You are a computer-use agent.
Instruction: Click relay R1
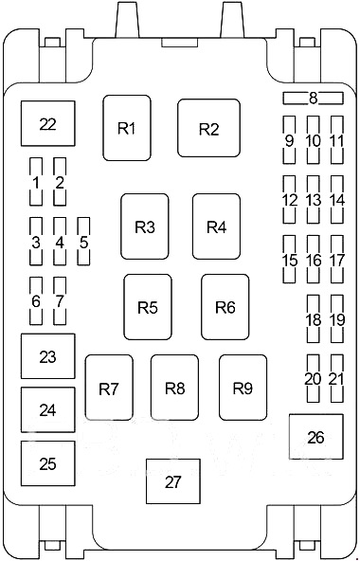pos(127,128)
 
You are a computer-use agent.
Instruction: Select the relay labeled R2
pos(208,129)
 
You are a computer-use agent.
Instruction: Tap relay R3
pos(144,226)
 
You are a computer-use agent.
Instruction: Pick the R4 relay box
pos(216,226)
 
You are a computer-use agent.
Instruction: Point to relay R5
pos(147,307)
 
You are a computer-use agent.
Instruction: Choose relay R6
pos(225,307)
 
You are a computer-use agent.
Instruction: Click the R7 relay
pos(109,388)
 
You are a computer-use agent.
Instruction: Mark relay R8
pos(174,388)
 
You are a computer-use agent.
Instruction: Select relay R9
pos(243,388)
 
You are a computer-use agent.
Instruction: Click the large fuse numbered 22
pos(47,124)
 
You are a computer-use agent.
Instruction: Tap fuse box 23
pos(47,356)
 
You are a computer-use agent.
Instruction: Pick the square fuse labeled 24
pos(47,410)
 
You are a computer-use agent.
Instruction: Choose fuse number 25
pos(47,463)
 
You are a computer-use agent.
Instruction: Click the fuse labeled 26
pos(315,437)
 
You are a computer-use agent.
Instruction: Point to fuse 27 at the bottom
pos(172,481)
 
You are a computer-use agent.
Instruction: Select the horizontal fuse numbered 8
pos(313,98)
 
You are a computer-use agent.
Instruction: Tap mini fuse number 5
pos(83,242)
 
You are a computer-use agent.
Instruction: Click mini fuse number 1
pos(36,182)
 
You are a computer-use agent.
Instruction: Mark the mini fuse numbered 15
pos(290,260)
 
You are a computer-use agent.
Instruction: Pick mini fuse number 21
pos(336,378)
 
